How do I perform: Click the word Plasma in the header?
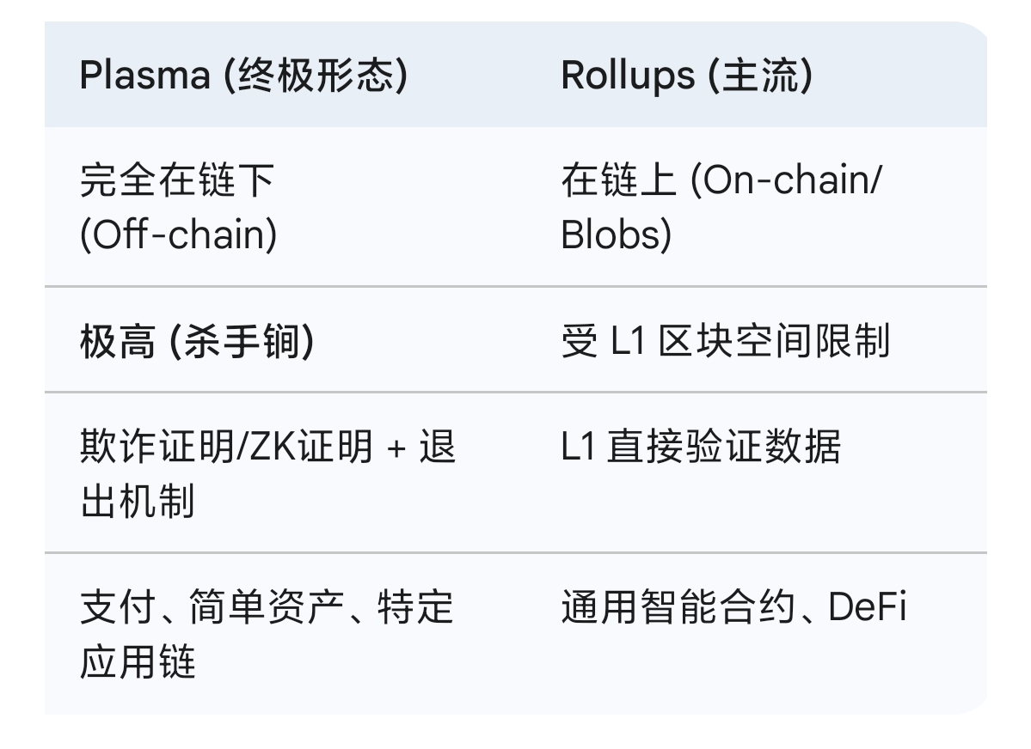[x=144, y=76]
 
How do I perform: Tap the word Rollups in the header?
[x=628, y=76]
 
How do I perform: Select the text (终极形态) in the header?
[x=315, y=76]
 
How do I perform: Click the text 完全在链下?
[x=176, y=181]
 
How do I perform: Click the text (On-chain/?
[x=787, y=181]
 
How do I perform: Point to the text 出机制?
[x=138, y=501]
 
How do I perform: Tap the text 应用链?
[x=138, y=661]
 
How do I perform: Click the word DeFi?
[x=867, y=608]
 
